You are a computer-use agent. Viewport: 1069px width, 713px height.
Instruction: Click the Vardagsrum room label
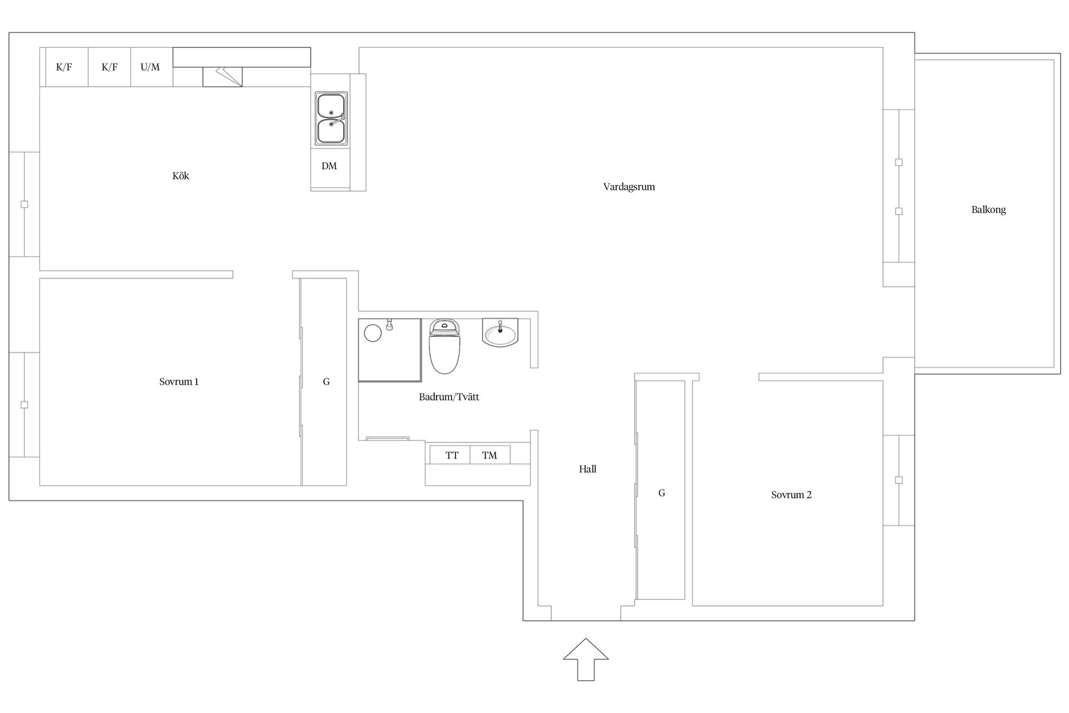click(x=629, y=187)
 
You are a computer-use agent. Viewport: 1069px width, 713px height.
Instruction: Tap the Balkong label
click(x=988, y=210)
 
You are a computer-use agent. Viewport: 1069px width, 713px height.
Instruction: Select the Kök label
click(x=180, y=176)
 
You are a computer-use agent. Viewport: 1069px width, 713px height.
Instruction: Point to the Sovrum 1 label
click(x=179, y=382)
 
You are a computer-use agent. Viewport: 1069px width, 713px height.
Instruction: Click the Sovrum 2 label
click(x=791, y=495)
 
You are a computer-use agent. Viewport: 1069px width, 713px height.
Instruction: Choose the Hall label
click(x=587, y=469)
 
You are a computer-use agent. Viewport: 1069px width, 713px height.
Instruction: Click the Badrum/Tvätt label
click(x=449, y=397)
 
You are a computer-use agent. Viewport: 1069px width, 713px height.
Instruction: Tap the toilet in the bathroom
click(x=444, y=346)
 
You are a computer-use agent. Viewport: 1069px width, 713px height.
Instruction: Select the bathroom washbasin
click(x=500, y=334)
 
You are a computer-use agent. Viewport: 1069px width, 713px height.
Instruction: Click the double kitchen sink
click(x=331, y=119)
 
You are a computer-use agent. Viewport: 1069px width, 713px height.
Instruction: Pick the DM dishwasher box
click(x=329, y=166)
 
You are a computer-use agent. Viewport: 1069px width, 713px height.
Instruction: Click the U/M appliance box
click(x=150, y=67)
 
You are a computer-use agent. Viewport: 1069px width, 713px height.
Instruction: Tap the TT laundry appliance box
click(x=452, y=455)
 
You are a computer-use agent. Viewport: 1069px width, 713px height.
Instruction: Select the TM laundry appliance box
click(x=489, y=455)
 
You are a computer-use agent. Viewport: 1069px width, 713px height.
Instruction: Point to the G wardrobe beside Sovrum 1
click(x=326, y=382)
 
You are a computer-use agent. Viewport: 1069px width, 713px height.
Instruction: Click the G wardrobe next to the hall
click(x=661, y=493)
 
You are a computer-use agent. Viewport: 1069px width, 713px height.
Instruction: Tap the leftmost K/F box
click(x=64, y=67)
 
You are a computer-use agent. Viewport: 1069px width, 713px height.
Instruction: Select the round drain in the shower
click(x=372, y=333)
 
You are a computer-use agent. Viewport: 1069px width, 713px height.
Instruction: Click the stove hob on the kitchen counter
click(x=222, y=77)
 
